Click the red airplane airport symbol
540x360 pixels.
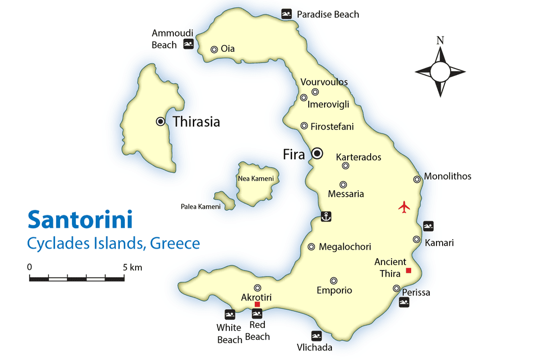(404, 206)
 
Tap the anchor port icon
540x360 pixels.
(325, 216)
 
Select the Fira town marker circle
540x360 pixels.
(317, 153)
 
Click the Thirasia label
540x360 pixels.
(196, 121)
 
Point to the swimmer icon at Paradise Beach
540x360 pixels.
(286, 14)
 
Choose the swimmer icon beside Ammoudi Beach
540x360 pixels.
(188, 44)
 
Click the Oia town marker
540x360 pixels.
(214, 49)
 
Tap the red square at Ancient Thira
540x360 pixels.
(408, 271)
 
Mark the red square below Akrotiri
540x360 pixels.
(257, 304)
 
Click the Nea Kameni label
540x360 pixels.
(256, 179)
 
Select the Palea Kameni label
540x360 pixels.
(200, 206)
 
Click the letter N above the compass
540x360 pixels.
(440, 40)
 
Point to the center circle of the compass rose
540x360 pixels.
(440, 71)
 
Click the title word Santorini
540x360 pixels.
(79, 219)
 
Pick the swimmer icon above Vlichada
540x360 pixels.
(317, 336)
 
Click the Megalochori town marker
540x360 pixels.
(311, 247)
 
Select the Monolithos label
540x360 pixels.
(447, 176)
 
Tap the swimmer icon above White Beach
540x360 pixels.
(229, 314)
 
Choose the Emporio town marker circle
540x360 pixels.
(334, 281)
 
